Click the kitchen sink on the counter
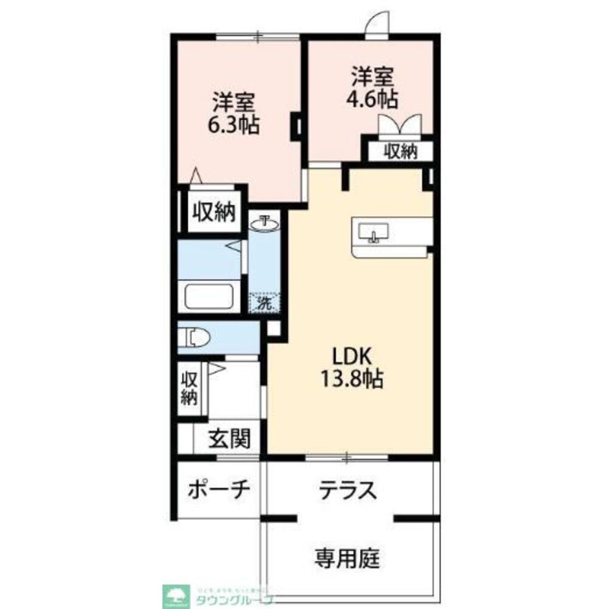[x=373, y=233]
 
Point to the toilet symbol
[x=197, y=336]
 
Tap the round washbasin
[x=265, y=225]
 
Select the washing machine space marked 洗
[x=265, y=302]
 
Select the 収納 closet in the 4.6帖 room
[x=400, y=151]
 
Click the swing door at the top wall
[x=377, y=28]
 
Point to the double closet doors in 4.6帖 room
[x=400, y=126]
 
